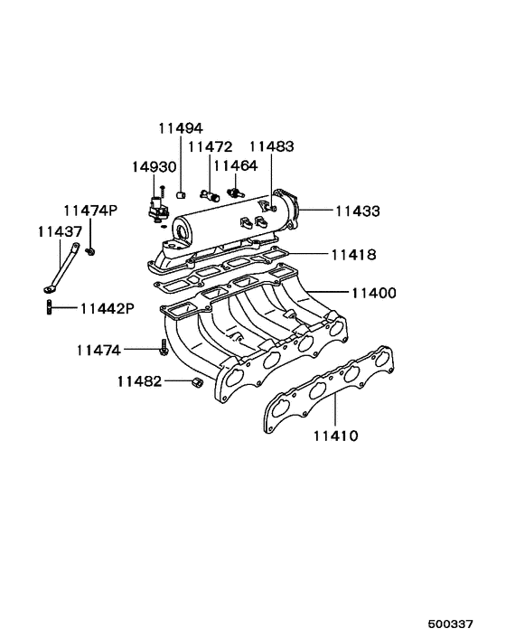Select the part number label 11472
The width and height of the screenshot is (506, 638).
(x=210, y=146)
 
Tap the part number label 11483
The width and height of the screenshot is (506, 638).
(x=271, y=146)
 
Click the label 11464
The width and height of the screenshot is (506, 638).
(x=234, y=166)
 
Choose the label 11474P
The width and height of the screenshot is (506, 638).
(x=89, y=211)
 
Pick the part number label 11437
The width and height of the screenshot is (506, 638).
(x=60, y=231)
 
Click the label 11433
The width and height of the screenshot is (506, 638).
(x=357, y=211)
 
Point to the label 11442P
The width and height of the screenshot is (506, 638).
(x=107, y=308)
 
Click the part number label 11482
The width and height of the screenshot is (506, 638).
(x=138, y=381)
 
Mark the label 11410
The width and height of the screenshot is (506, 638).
(x=336, y=436)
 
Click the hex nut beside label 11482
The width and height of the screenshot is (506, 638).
(x=196, y=383)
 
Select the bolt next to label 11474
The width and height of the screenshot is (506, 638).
(x=163, y=348)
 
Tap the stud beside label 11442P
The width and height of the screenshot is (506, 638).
(x=47, y=308)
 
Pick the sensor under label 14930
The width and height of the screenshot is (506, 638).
(x=155, y=206)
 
